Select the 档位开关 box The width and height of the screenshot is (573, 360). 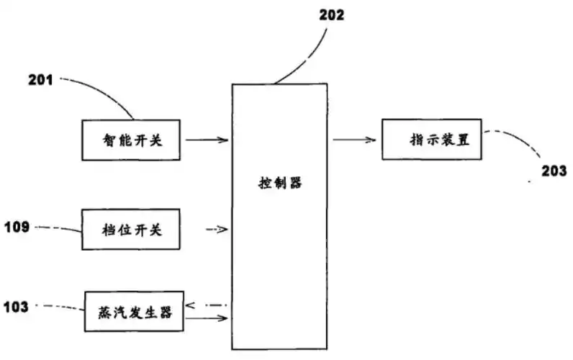[132, 230]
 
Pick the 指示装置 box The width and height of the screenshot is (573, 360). [430, 140]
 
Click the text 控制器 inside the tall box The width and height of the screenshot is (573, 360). [279, 183]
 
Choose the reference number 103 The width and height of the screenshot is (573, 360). [15, 307]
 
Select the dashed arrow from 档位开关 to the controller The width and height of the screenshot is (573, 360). [215, 230]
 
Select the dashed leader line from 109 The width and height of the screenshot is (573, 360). [61, 228]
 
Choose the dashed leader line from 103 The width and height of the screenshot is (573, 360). [61, 307]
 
